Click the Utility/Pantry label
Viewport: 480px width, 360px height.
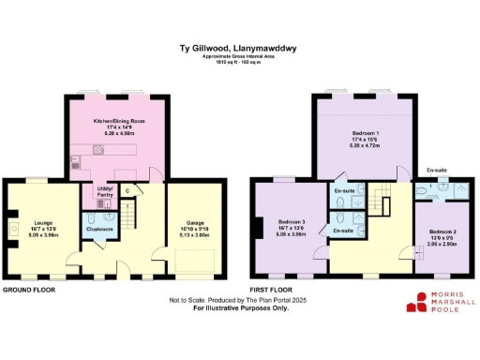coord(104,193)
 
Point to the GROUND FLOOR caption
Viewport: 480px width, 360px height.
coord(28,291)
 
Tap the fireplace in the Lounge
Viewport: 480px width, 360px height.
coord(7,226)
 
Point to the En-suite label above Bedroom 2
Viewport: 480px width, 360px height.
coord(437,171)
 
